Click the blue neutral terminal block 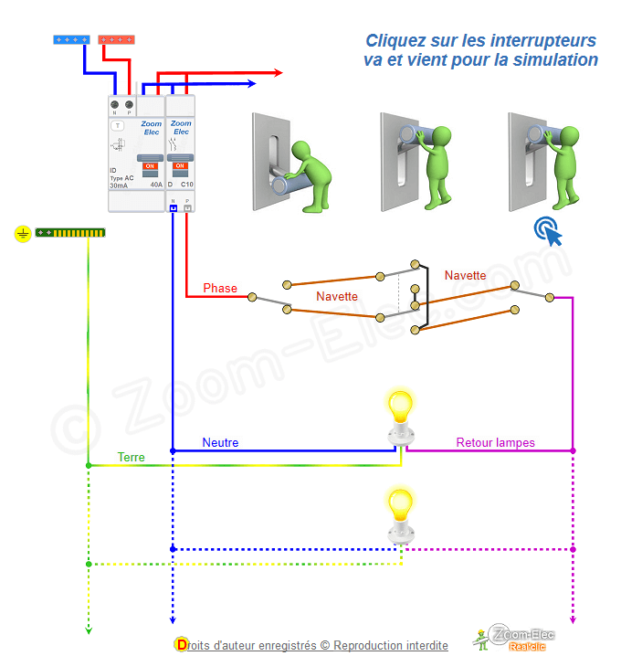(x=71, y=39)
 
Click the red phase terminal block (x=116, y=39)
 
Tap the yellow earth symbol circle (x=22, y=234)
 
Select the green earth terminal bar (x=70, y=234)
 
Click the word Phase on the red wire (x=220, y=288)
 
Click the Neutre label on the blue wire (x=220, y=443)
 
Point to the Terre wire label (x=131, y=457)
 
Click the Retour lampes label (x=496, y=443)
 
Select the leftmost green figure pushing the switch (x=307, y=169)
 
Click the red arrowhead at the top (x=277, y=72)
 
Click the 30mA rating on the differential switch (x=119, y=185)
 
